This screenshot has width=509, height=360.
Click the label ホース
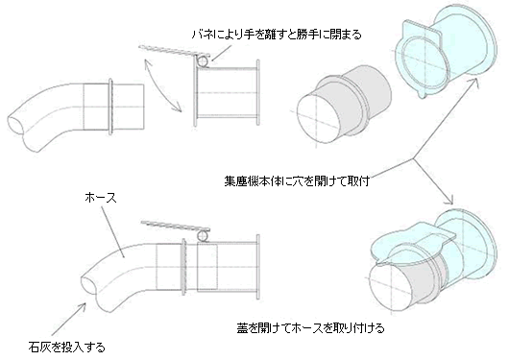click(x=100, y=198)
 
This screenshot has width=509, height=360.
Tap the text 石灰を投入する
click(x=67, y=348)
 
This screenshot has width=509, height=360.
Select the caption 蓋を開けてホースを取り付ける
click(x=310, y=328)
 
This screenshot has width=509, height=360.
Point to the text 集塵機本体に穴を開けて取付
click(x=297, y=180)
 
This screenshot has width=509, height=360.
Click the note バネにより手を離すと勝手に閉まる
click(x=277, y=35)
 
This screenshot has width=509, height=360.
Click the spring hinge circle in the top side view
click(x=204, y=61)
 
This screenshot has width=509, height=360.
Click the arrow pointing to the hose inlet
click(x=68, y=319)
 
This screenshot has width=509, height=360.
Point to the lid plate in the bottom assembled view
click(x=176, y=226)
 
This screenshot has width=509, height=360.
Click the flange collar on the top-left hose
click(x=111, y=106)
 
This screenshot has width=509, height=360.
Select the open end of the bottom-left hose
click(x=89, y=283)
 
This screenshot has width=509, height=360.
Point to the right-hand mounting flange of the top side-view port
click(x=258, y=92)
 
